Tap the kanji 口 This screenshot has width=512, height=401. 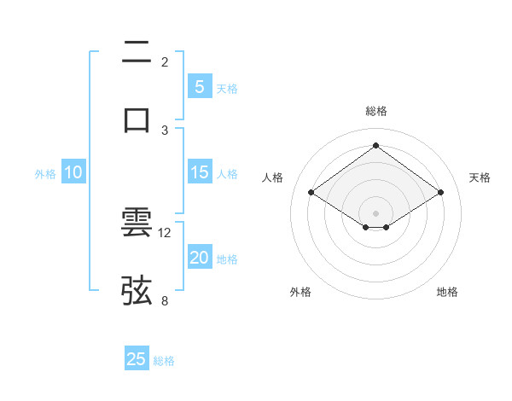137,119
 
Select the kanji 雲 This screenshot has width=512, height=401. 137,223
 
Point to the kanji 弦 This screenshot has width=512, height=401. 137,290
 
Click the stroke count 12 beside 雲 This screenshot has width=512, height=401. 166,232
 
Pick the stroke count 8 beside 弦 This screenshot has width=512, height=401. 166,299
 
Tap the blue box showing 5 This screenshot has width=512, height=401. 199,87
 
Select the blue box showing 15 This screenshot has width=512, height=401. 199,173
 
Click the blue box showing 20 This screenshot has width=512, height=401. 199,258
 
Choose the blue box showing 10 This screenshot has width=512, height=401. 73,173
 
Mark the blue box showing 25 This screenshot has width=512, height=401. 137,359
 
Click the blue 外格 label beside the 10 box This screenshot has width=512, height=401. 45,174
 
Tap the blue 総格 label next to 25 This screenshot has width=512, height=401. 164,360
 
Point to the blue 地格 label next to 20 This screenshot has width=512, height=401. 228,259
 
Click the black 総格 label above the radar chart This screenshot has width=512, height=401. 376,111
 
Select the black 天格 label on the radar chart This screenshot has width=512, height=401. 480,177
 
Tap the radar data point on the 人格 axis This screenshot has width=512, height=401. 311,193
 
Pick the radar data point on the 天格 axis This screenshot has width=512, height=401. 440,193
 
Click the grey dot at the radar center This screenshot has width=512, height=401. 376,212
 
